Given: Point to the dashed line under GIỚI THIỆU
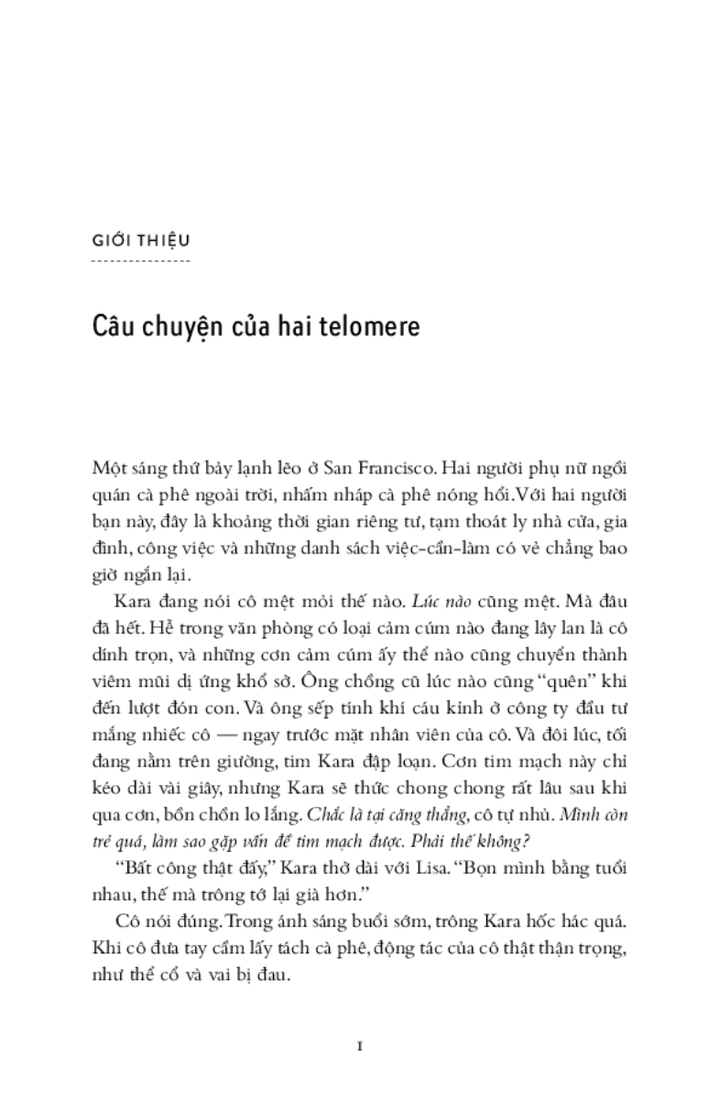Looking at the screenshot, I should tap(141, 261).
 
